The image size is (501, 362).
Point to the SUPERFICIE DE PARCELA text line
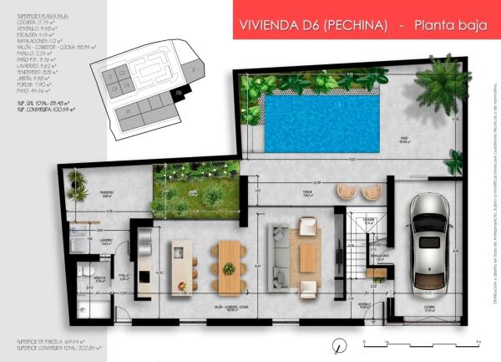tap(45, 342)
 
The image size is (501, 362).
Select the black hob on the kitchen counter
tap(144, 276)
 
